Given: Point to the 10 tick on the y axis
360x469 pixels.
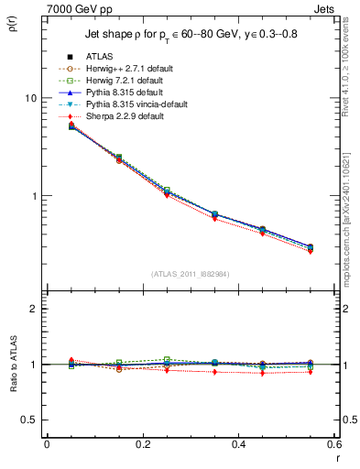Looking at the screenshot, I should click(34, 98).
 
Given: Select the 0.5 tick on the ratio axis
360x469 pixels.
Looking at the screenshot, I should click(32, 420).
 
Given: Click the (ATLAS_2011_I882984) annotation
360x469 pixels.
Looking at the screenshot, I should click(190, 274).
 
